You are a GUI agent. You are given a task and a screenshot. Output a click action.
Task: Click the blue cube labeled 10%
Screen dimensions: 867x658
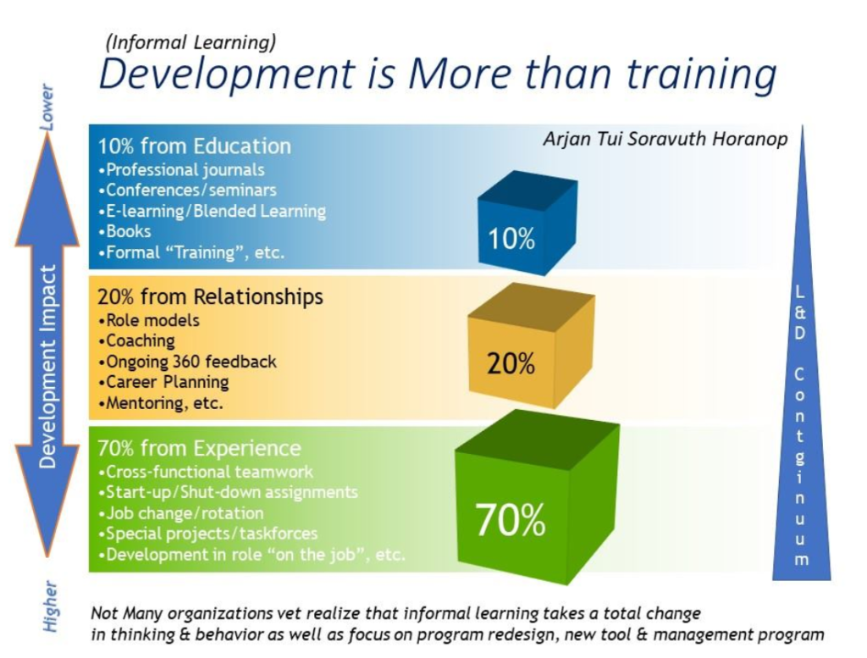click(527, 223)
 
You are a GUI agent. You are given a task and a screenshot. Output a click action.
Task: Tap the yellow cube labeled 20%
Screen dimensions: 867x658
click(531, 346)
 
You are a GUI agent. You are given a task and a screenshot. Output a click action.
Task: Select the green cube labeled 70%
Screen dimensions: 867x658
click(537, 496)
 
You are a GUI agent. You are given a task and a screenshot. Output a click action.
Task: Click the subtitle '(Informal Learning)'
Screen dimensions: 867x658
click(191, 42)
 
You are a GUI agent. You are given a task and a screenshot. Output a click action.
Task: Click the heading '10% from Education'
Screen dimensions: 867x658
click(195, 147)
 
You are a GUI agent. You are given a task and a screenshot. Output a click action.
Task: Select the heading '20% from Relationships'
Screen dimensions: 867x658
click(210, 297)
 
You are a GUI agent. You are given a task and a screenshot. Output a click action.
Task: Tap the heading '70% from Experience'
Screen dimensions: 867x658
click(199, 448)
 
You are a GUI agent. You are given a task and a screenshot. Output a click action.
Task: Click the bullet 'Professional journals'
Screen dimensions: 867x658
click(181, 169)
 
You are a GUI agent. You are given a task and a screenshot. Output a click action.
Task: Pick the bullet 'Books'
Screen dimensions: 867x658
click(124, 231)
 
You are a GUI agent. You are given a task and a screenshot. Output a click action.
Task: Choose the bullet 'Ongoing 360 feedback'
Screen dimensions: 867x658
click(187, 362)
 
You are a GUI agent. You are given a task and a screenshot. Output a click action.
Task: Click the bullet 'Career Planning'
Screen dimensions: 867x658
click(163, 382)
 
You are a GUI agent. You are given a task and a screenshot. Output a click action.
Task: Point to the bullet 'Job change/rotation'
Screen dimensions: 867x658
click(181, 513)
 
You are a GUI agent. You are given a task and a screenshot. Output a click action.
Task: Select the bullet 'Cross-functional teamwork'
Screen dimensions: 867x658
click(205, 472)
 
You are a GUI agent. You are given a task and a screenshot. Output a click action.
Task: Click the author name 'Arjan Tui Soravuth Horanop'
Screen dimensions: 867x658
click(665, 138)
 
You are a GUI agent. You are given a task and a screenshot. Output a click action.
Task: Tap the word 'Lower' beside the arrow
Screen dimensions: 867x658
click(47, 108)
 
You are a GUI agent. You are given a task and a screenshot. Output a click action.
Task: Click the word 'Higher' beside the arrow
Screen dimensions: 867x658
click(50, 606)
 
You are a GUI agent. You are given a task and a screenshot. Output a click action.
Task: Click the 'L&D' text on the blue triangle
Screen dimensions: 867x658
click(800, 312)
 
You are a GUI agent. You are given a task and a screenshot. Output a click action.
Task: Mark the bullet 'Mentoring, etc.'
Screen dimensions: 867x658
click(160, 402)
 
